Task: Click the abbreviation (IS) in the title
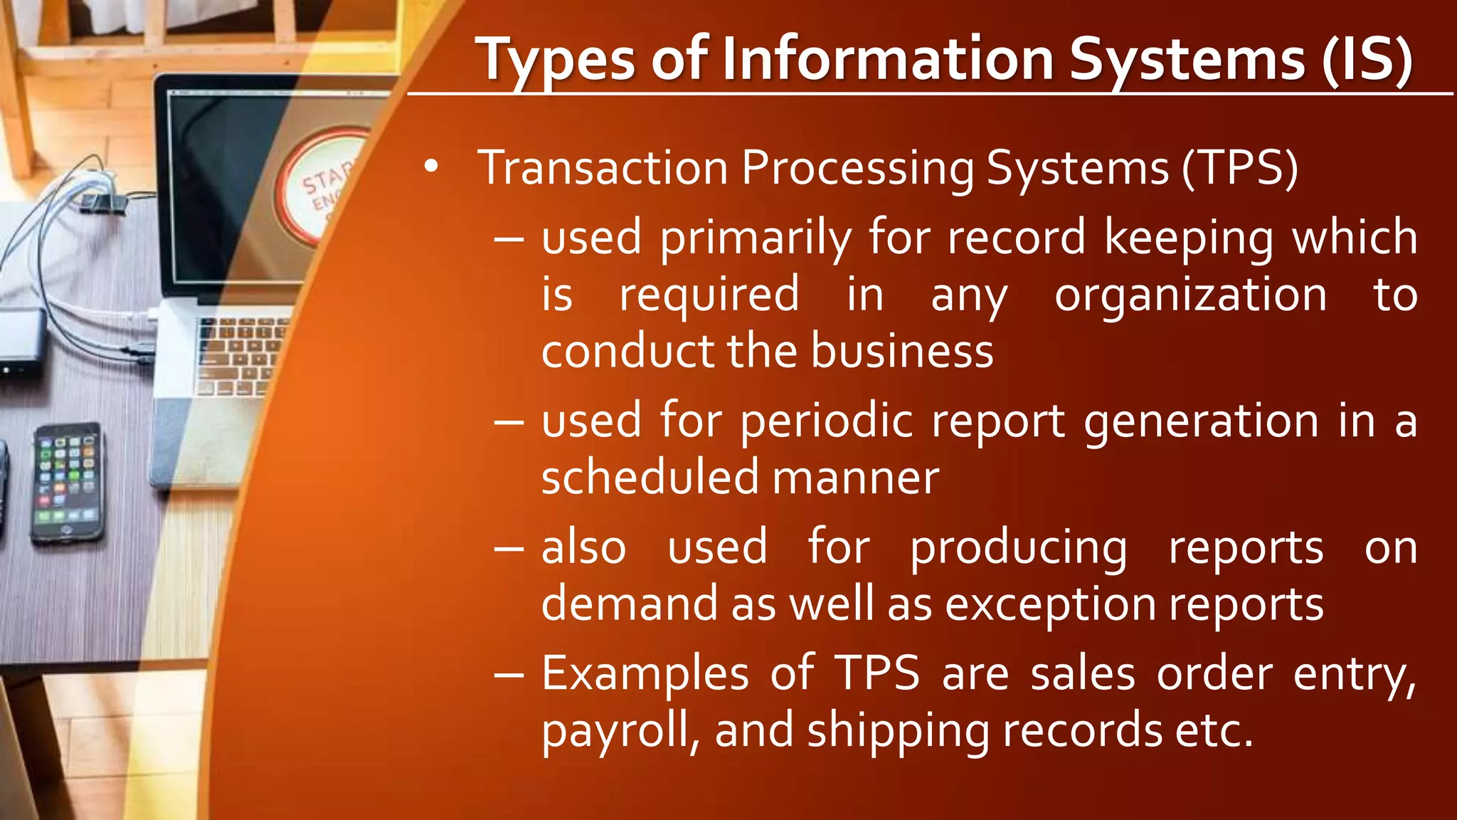[x=1367, y=61]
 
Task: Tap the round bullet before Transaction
[x=430, y=167]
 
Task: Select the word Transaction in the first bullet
[x=603, y=169]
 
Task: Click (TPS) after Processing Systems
[x=1240, y=169]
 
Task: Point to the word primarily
[x=755, y=238]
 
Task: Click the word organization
[x=1190, y=295]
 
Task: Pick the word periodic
[x=826, y=421]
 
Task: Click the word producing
[x=1019, y=548]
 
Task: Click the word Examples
[x=645, y=675]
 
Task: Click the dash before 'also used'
[x=509, y=550]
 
